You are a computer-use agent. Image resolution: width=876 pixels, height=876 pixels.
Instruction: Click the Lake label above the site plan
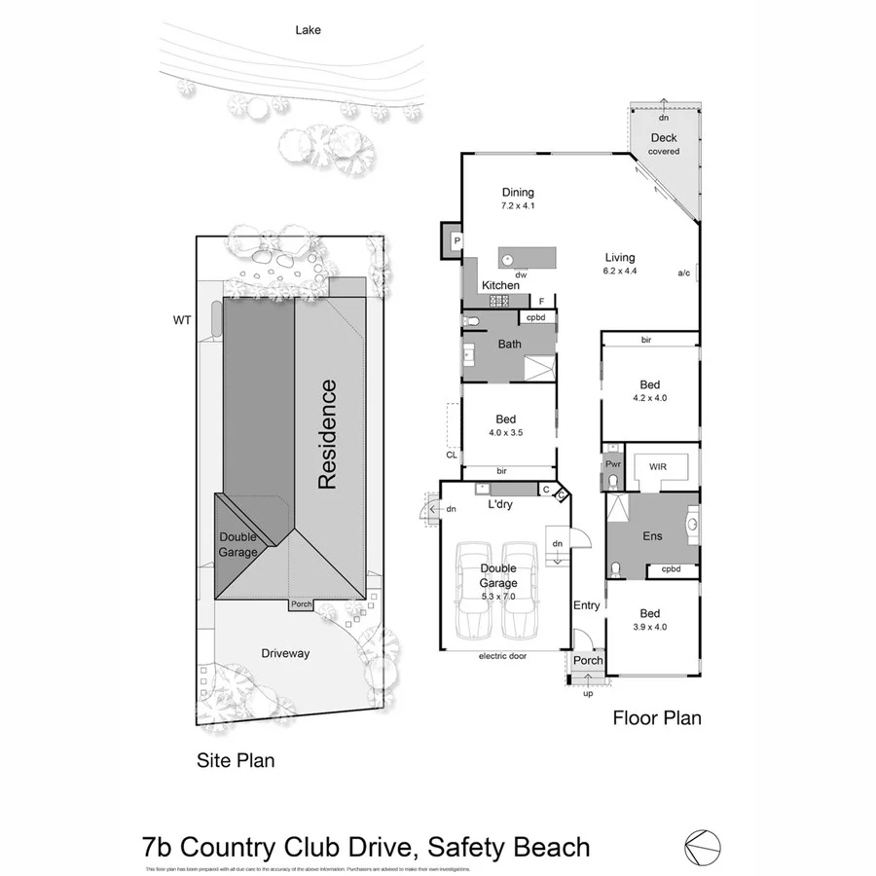309,30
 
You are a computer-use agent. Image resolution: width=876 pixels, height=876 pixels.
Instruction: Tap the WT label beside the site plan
181,319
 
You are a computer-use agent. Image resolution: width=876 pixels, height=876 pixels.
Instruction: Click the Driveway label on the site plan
284,653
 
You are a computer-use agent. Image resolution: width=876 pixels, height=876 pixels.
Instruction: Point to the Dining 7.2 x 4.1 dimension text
518,206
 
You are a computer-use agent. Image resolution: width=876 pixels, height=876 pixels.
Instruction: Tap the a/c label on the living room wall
684,274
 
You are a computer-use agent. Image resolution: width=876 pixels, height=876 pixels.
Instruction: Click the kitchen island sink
508,258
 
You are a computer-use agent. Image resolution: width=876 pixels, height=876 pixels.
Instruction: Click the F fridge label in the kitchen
540,301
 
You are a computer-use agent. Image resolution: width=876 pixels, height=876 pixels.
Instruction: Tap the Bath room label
509,344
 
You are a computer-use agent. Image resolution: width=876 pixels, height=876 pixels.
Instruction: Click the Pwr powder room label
612,466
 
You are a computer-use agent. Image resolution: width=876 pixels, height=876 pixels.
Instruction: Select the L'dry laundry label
500,504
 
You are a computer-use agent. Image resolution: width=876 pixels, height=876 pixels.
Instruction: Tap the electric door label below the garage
502,657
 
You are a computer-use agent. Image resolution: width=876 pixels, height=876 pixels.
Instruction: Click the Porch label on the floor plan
587,661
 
